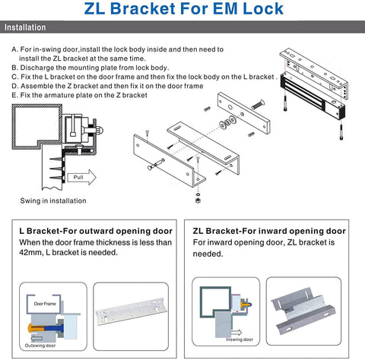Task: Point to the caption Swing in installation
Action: tap(53, 201)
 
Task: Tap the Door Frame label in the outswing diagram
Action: tap(46, 303)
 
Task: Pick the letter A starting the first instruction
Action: tap(14, 49)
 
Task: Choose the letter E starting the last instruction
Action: tap(14, 96)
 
